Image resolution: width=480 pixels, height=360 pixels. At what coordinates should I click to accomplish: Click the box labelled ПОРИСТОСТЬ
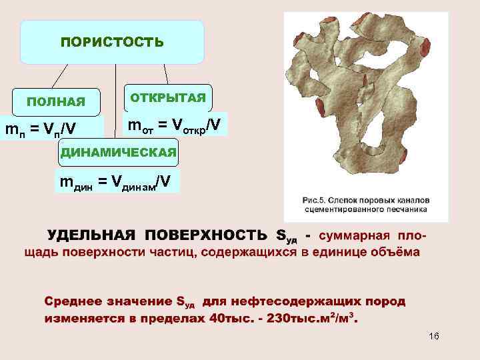click(x=112, y=43)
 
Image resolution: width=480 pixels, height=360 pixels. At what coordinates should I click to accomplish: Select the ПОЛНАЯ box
click(x=56, y=102)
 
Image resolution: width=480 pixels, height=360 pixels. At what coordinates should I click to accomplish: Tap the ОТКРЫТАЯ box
click(x=168, y=97)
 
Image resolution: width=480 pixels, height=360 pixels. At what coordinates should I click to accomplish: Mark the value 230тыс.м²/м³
click(x=311, y=317)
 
